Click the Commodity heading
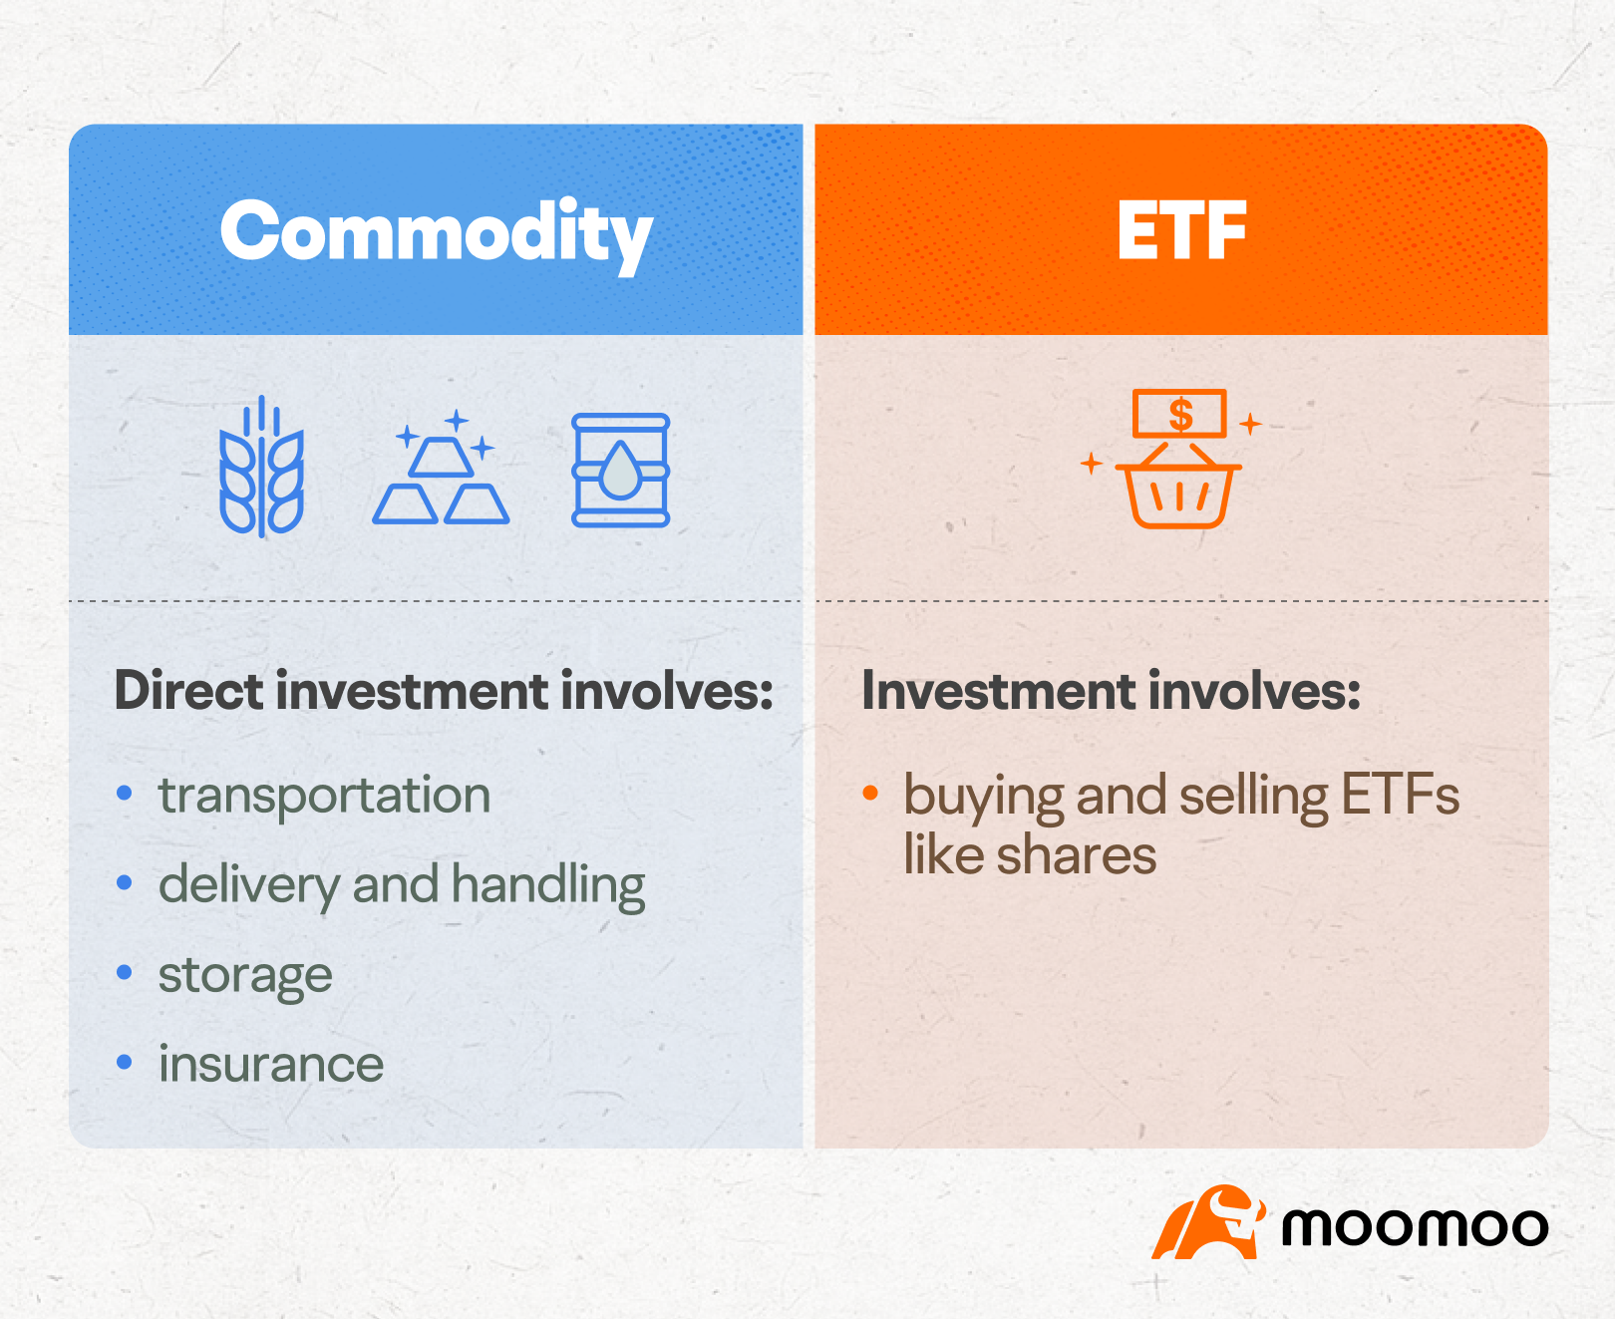436,232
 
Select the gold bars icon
441,471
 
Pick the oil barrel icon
620,470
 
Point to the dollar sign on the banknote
1180,414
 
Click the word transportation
324,796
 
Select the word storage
245,975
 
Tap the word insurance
271,1064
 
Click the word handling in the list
548,885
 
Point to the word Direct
188,691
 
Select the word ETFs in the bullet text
1400,796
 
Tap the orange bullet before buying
870,794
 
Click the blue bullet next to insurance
125,1062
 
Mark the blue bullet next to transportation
125,794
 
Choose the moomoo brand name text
1414,1226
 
